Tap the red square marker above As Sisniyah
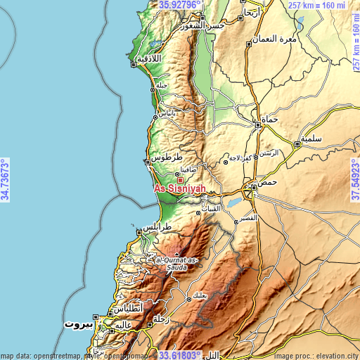tap(180, 180)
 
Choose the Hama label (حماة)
tap(270, 120)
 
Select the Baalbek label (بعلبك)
tap(200, 295)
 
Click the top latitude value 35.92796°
tap(180, 4)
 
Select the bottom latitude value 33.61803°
tap(180, 355)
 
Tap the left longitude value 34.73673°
tap(5, 180)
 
